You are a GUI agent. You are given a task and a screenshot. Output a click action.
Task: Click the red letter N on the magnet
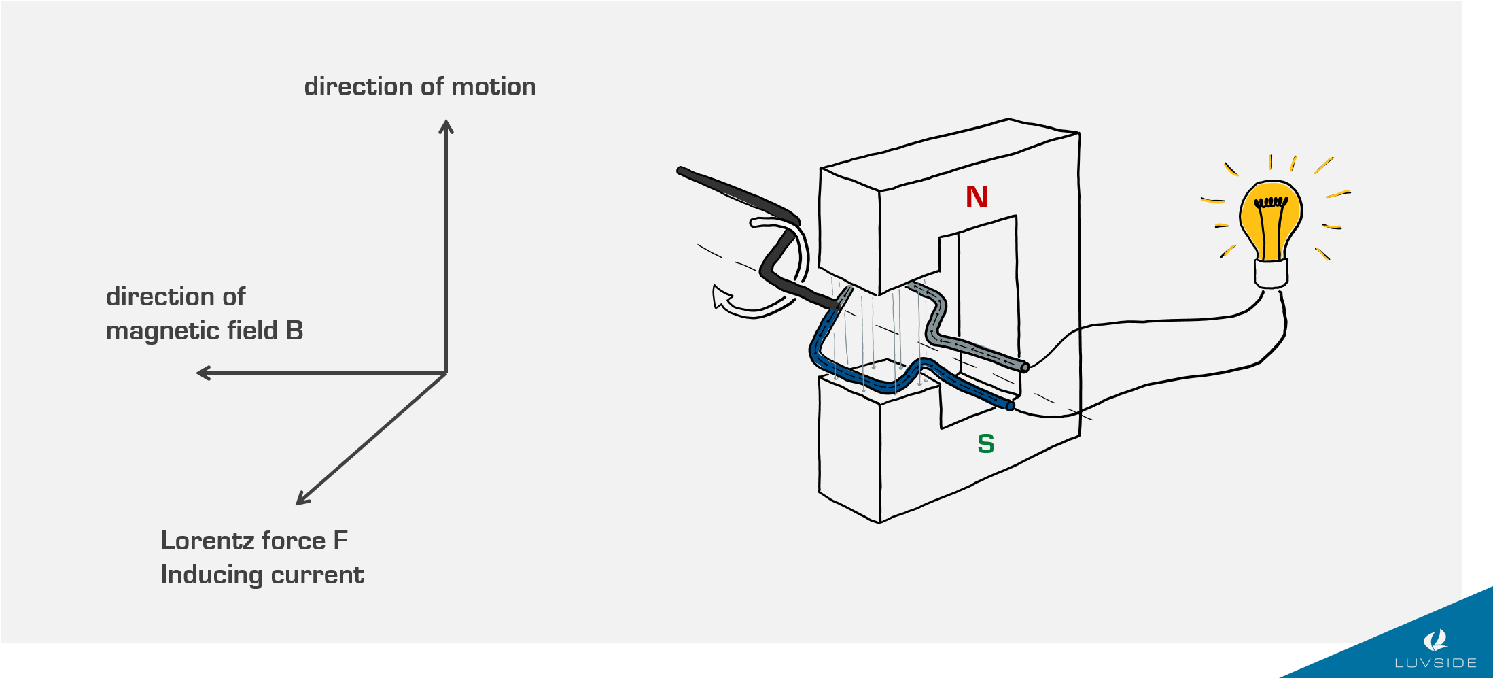click(x=977, y=197)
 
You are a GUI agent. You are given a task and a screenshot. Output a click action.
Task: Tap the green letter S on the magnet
click(x=985, y=444)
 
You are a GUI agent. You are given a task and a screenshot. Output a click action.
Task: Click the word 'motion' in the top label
click(x=493, y=87)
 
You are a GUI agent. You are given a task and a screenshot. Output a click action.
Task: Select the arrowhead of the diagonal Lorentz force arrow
click(x=302, y=499)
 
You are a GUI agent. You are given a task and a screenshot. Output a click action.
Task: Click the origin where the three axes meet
click(x=446, y=373)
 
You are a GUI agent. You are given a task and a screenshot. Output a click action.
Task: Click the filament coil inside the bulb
click(x=1271, y=202)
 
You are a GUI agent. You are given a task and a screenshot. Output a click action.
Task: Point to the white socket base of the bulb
click(x=1271, y=273)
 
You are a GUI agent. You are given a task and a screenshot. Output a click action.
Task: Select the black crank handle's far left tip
click(x=681, y=170)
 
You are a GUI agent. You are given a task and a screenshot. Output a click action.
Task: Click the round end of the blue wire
click(x=1010, y=406)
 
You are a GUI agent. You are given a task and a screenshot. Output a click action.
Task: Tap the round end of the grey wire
click(x=1025, y=368)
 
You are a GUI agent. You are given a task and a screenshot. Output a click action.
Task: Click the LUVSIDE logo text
click(x=1435, y=662)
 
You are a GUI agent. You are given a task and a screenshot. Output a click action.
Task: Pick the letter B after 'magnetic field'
click(x=294, y=331)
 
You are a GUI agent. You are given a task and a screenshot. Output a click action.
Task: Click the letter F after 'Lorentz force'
click(x=340, y=541)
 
